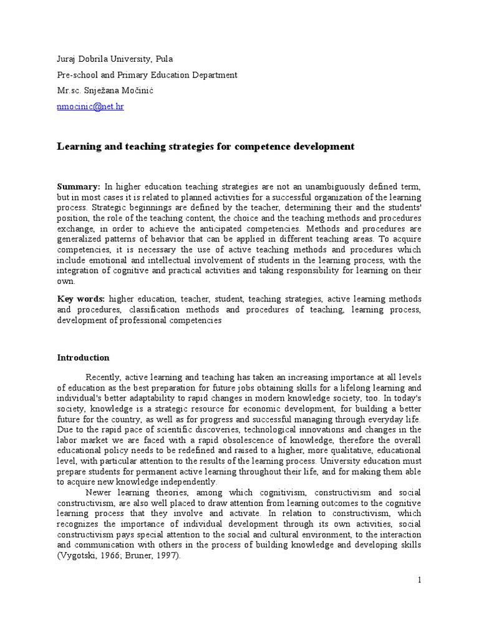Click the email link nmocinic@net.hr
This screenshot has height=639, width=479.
click(90, 107)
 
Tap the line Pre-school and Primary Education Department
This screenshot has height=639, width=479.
click(147, 75)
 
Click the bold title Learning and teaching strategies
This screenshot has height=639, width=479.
click(206, 147)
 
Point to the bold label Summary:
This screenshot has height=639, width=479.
click(79, 187)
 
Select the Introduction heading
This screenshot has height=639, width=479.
click(83, 358)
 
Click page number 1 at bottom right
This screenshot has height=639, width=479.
click(420, 580)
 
